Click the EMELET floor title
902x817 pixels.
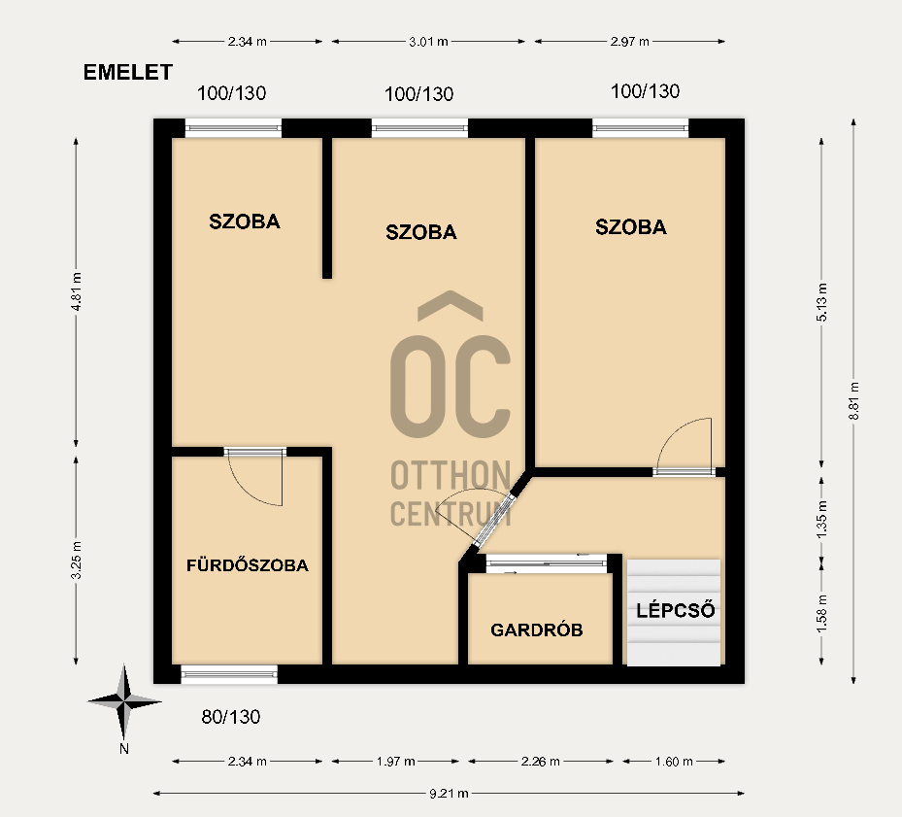[128, 73]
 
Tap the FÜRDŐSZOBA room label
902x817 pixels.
[248, 564]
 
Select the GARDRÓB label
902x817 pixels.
[537, 630]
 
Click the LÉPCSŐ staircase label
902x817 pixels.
[676, 610]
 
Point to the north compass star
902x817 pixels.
[124, 701]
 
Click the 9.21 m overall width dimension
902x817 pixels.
[449, 794]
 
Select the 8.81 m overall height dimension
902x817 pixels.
[853, 400]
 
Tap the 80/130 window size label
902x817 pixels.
[231, 717]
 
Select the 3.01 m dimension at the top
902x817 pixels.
[428, 42]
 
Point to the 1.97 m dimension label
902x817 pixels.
[396, 762]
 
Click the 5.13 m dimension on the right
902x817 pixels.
[821, 303]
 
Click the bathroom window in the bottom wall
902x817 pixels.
[229, 674]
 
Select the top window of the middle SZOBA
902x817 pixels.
[420, 128]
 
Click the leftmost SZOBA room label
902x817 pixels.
[245, 221]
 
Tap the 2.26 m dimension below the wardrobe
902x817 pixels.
[540, 762]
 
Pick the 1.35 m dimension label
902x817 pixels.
[821, 520]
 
